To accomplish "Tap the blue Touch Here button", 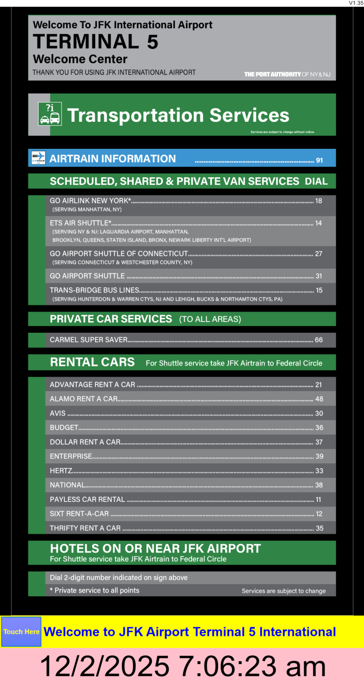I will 21,631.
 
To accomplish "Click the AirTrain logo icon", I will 39,158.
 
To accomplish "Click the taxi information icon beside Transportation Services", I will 49,114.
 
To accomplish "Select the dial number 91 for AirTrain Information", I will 320,160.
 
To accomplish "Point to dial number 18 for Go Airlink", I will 319,201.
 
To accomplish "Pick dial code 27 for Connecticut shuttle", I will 319,254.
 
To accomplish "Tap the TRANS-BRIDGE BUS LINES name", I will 94,290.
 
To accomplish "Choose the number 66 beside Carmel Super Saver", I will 319,340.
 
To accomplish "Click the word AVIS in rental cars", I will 58,413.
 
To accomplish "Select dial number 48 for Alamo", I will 319,399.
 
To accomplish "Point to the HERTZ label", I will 61,471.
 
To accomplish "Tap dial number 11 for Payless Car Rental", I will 319,500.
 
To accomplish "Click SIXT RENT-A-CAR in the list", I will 79,514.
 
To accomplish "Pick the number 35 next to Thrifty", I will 319,528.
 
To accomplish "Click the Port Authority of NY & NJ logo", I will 287,74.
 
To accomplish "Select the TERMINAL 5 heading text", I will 96,42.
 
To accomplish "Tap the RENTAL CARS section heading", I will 92,362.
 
